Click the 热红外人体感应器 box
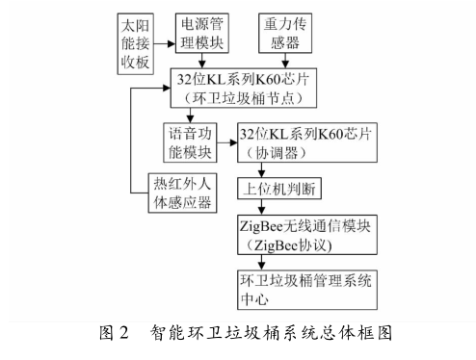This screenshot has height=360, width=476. pos(172,193)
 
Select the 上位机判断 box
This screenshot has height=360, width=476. pos(288,188)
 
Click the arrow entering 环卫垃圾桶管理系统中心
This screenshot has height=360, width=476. pos(261,261)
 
